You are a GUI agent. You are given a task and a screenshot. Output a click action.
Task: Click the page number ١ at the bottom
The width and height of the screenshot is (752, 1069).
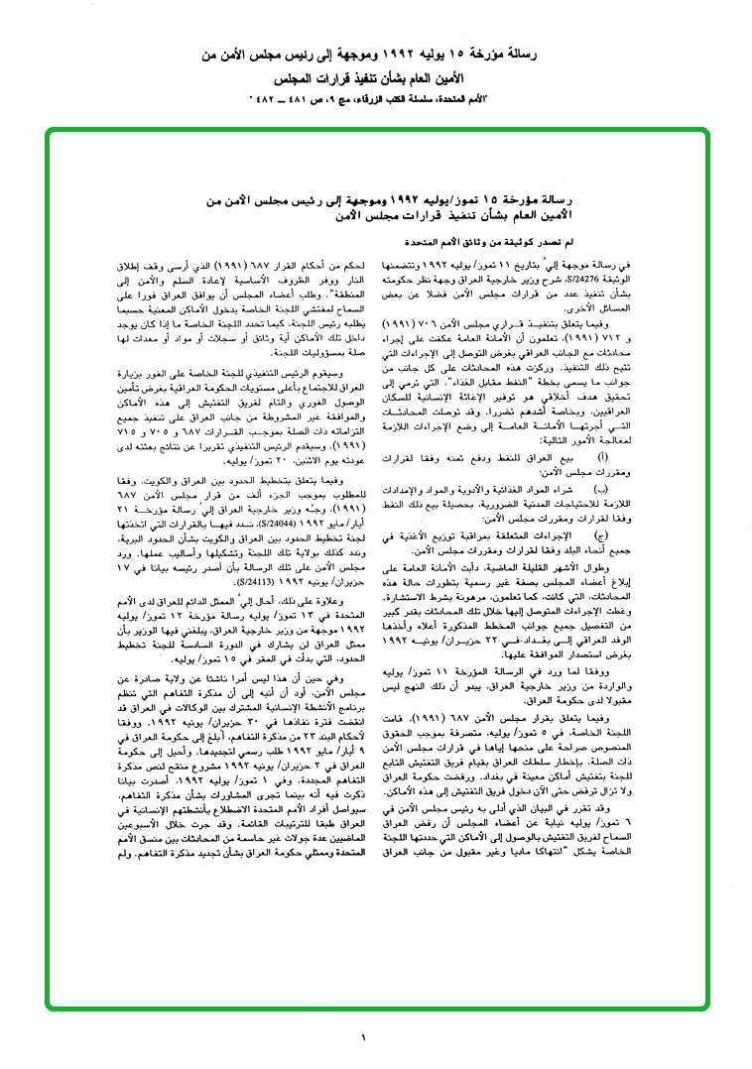[364, 1037]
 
